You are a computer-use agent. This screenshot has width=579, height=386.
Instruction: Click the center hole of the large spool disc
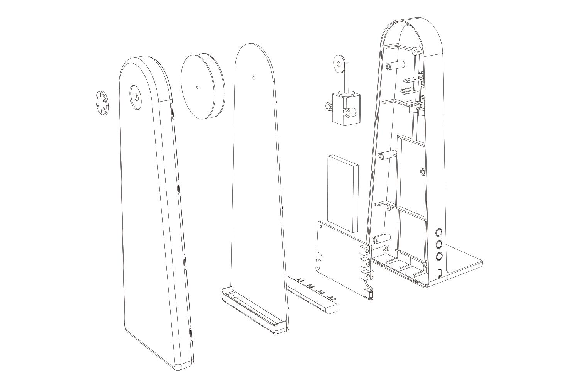[197, 88]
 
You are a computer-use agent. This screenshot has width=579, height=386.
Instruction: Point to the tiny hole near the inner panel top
[253, 78]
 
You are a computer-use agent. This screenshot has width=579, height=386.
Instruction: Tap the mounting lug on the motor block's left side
[329, 106]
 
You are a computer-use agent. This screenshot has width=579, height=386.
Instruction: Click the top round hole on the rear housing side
[439, 232]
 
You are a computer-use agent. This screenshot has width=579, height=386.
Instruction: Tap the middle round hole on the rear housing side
[439, 244]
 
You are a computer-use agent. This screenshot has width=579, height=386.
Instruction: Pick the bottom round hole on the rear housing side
[439, 256]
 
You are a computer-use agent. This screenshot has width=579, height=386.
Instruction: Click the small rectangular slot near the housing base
[440, 274]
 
